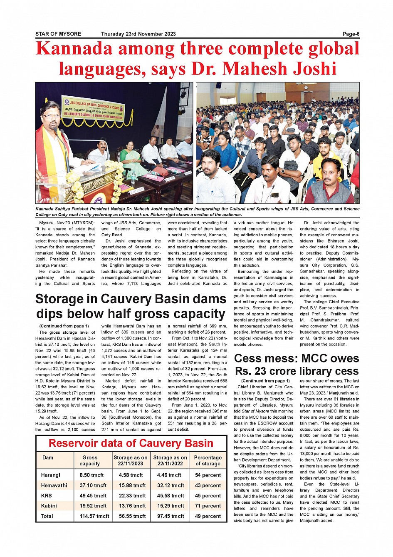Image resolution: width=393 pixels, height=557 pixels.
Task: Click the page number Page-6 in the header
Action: click(x=351, y=34)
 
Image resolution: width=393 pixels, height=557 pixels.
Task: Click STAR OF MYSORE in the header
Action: click(x=58, y=34)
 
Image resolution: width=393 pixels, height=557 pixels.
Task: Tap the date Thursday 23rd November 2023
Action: click(x=138, y=34)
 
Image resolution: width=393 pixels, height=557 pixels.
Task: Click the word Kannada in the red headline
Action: click(x=74, y=49)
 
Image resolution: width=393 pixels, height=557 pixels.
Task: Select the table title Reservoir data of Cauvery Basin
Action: click(x=131, y=443)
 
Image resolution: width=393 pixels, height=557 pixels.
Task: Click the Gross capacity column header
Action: click(x=90, y=460)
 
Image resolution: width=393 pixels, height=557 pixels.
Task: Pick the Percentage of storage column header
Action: click(x=208, y=460)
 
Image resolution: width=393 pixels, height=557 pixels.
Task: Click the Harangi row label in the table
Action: click(x=51, y=475)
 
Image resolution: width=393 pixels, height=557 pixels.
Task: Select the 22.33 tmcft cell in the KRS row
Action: click(x=132, y=496)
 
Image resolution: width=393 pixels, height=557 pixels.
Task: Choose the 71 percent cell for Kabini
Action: click(x=208, y=506)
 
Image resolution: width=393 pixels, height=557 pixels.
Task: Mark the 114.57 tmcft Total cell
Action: click(x=94, y=516)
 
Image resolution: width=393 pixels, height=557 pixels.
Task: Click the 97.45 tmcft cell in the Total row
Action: click(x=171, y=516)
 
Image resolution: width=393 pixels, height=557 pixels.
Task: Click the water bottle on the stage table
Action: click(x=133, y=178)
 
